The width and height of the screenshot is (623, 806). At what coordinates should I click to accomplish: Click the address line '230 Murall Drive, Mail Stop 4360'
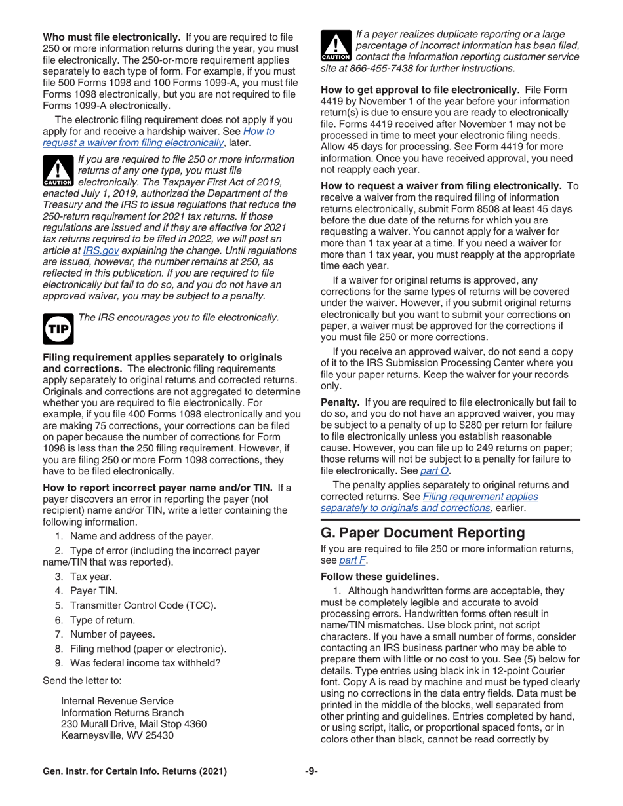click(133, 724)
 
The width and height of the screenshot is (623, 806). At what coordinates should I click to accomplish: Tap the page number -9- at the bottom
click(311, 771)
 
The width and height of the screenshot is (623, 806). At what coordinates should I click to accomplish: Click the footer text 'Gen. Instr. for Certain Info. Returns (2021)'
click(134, 771)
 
